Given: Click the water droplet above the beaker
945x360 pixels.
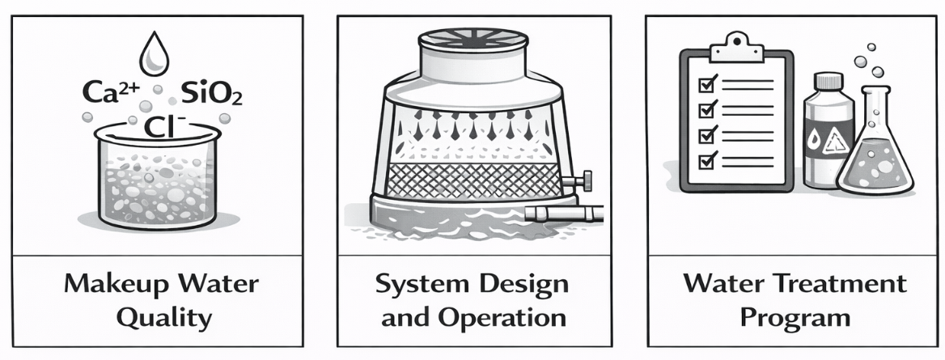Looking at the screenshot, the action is pos(155,55).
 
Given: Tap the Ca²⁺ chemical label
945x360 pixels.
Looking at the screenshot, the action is pos(111,93).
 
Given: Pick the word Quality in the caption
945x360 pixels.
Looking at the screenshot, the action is pos(163,317).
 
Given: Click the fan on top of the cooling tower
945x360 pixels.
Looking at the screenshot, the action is pos(473,39).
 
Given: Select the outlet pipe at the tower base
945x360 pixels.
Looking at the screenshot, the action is pos(563,213).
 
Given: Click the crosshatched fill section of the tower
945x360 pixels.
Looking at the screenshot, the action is pos(473,180).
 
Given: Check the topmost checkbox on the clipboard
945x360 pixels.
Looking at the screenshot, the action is pos(706,84).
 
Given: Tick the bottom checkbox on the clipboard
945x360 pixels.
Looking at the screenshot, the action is pos(706,160).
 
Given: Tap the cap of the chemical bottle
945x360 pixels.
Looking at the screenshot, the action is pos(828,81).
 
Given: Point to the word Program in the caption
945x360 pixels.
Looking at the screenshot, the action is pos(795,318).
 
